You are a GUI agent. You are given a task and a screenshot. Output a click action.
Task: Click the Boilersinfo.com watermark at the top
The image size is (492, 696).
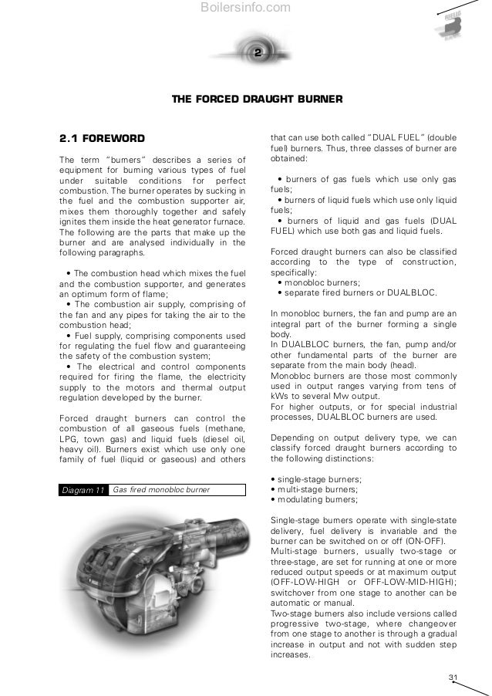pos(245,8)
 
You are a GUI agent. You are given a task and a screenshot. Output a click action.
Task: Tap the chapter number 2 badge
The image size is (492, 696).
pos(258,52)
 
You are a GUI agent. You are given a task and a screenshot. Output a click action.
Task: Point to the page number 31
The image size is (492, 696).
pos(453,677)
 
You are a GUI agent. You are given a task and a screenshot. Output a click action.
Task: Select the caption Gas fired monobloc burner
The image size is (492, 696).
pos(161,490)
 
